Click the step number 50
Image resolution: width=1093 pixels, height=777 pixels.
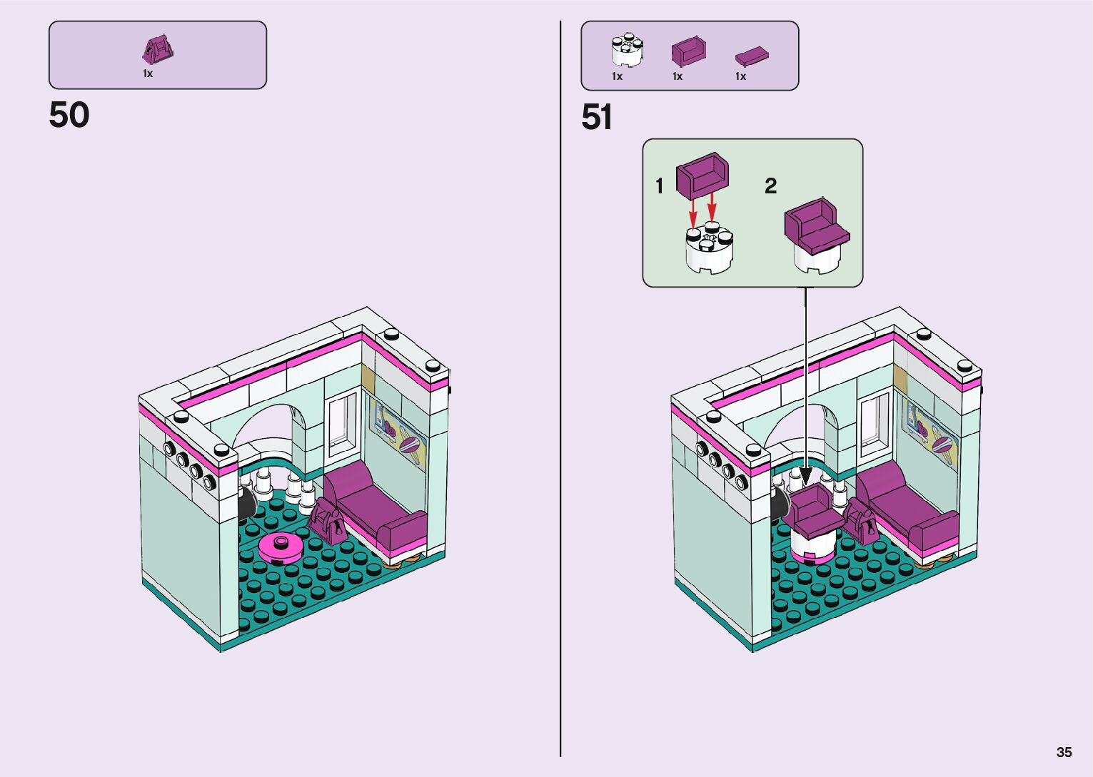69,115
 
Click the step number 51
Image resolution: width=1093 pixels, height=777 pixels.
597,118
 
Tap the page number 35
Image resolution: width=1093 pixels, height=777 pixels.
1064,752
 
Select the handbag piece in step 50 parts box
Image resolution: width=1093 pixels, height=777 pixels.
158,49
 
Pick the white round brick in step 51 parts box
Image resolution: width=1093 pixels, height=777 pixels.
627,50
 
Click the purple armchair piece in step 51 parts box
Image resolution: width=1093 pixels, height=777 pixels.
689,52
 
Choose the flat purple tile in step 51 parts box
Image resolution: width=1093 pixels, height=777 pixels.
751,55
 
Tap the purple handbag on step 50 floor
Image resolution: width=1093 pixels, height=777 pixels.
328,522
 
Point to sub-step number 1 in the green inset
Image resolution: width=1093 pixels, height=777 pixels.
660,186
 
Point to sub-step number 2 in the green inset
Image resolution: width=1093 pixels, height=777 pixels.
770,186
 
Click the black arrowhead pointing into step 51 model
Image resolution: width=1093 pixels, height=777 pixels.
806,476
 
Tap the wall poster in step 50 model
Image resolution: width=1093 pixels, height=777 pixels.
398,432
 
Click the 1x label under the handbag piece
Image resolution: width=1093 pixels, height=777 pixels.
148,73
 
